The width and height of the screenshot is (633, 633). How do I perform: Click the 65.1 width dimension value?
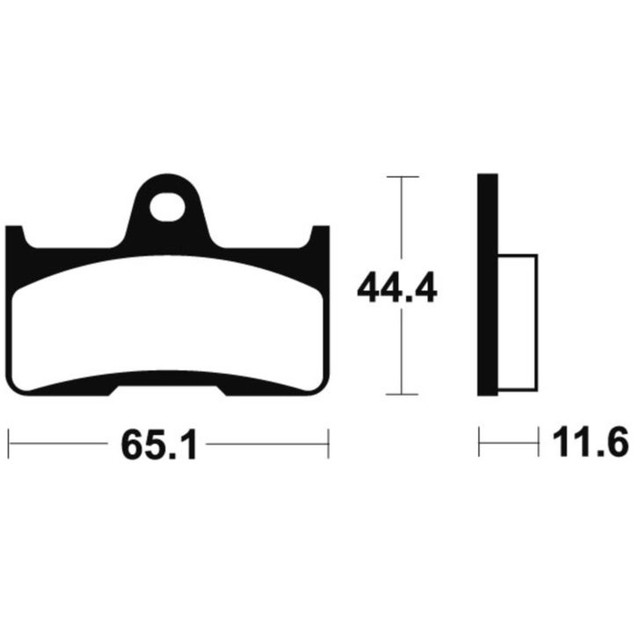point(158,445)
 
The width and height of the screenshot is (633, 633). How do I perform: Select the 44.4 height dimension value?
point(397,287)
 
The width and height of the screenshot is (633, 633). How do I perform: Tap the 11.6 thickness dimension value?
point(590,442)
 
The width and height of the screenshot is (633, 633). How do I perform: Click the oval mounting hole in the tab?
point(168,207)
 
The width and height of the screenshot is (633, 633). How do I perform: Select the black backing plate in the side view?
point(488,285)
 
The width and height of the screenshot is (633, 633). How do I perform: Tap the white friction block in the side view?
point(518,323)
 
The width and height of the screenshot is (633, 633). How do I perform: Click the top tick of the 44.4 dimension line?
point(403,177)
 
